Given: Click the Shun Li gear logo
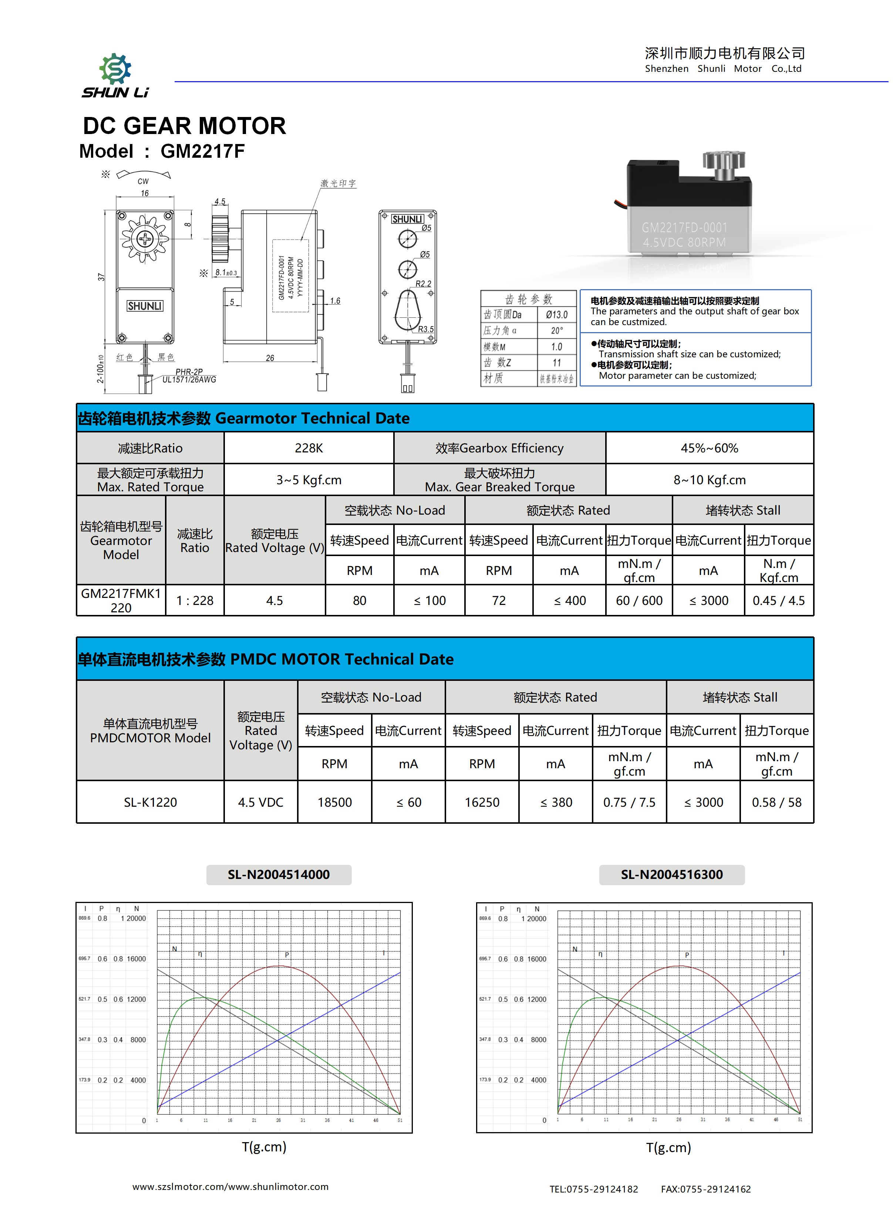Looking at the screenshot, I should coord(115,70).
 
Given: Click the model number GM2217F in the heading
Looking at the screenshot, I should coord(202,151).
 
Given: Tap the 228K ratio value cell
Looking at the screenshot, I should coord(309,448).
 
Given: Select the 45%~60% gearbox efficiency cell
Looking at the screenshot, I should coord(709,448).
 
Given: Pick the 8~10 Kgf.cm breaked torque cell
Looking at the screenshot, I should coord(709,480).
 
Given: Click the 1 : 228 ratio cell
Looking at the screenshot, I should coord(195,601).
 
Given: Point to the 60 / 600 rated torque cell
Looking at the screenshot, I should coord(639,601).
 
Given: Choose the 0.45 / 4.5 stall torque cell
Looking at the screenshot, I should coord(778,601).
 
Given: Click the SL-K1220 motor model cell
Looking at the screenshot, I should coord(150,802).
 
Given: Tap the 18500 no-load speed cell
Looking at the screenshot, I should coord(335,802).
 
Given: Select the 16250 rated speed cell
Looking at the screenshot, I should coord(482,802).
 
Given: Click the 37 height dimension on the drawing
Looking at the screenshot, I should coord(101,277).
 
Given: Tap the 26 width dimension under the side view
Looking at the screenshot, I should coord(270,358).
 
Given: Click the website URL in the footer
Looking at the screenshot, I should coord(230,1186).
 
